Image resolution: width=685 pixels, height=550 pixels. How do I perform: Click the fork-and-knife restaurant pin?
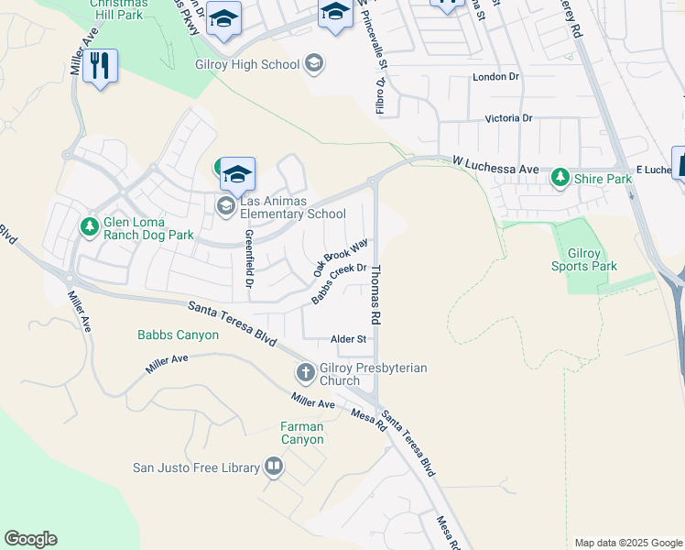(100, 66)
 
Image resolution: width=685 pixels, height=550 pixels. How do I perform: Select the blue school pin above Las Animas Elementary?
(237, 173)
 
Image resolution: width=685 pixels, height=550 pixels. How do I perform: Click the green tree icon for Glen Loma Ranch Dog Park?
(89, 225)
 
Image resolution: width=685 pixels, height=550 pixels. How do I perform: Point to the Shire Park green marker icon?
(560, 179)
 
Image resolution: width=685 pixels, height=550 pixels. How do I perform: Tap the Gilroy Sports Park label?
(583, 258)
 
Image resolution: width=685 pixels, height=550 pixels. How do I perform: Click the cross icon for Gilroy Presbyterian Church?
(305, 373)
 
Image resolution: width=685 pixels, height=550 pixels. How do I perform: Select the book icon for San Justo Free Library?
(273, 467)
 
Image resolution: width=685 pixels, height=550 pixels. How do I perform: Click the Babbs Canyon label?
(179, 335)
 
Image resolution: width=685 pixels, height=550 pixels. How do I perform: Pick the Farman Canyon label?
(302, 433)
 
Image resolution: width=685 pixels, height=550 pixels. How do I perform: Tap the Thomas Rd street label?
(375, 292)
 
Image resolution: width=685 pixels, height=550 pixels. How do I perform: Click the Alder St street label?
(348, 339)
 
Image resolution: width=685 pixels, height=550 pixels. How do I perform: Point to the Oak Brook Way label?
(340, 258)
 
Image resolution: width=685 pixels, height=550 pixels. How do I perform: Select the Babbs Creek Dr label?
(338, 284)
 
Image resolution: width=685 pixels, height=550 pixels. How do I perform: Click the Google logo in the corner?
(30, 539)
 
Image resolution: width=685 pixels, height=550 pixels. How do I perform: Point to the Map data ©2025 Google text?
(628, 543)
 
